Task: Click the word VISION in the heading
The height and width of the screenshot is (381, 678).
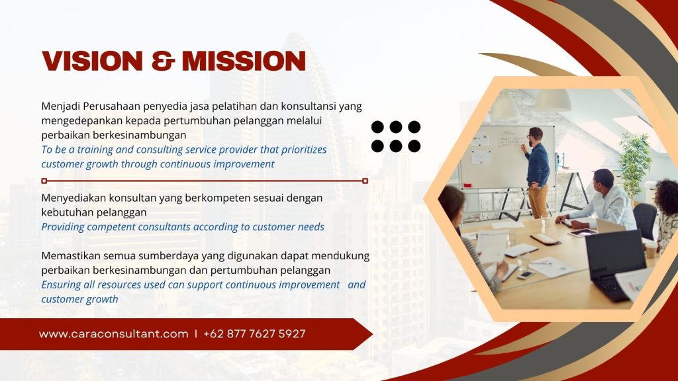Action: click(92, 61)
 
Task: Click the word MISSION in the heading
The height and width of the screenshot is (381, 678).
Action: click(244, 61)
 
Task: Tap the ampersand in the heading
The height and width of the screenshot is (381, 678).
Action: click(162, 61)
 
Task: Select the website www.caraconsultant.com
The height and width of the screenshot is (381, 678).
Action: click(114, 334)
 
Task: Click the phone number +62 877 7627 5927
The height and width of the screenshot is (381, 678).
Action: click(254, 334)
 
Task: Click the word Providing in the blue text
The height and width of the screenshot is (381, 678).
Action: click(63, 228)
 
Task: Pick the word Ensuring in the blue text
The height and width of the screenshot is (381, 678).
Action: click(61, 285)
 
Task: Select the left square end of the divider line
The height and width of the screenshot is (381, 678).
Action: click(44, 181)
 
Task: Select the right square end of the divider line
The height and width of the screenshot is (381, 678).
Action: click(365, 181)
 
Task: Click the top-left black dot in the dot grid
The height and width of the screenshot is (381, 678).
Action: click(377, 127)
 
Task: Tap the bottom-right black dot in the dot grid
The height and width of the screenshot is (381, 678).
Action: click(414, 146)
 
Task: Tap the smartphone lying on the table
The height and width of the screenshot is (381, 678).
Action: click(526, 275)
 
